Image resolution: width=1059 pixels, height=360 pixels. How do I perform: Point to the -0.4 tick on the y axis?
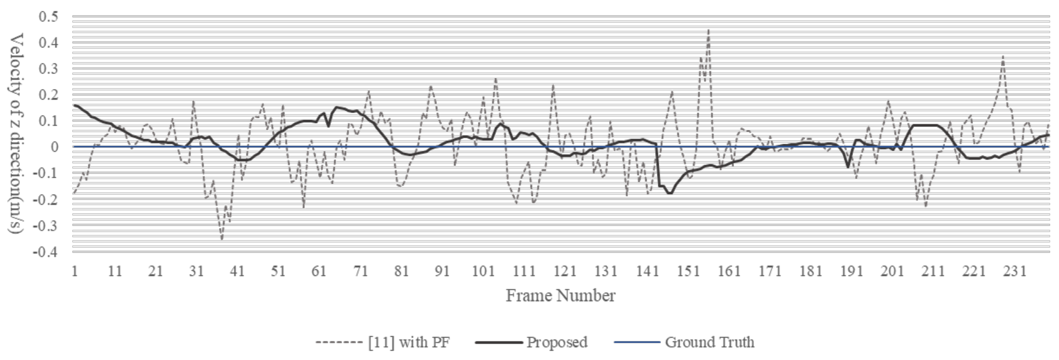point(46,251)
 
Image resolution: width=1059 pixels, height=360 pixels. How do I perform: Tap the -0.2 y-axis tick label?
point(46,199)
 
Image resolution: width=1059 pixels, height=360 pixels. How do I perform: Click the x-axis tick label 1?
point(74,271)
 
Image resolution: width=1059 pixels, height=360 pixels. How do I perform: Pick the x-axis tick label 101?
point(483,271)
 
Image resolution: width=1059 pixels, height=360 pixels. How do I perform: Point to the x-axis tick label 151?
point(688,271)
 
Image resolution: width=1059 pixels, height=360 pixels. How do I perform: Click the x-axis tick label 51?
point(278,271)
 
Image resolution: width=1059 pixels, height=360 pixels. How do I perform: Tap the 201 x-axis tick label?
point(892,271)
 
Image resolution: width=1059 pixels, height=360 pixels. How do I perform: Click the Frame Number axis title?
point(560,295)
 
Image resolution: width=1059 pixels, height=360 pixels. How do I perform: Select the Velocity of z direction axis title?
point(16,133)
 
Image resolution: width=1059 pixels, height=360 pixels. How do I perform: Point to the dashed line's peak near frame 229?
point(1003,56)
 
